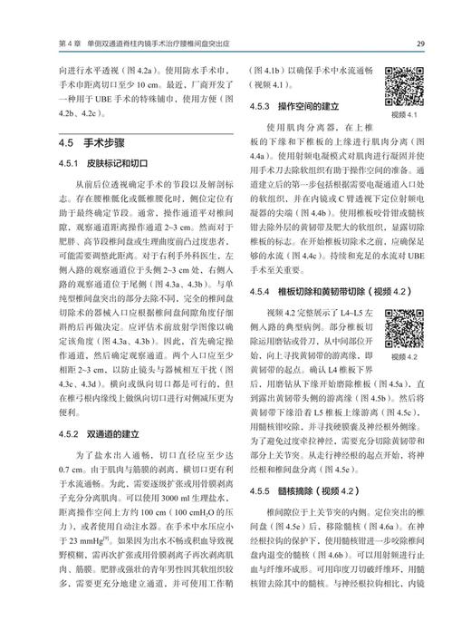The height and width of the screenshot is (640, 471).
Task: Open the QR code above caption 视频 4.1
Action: pyautogui.click(x=403, y=86)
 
